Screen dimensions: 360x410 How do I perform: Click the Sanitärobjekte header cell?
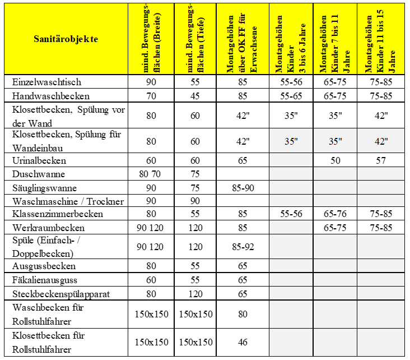click(66, 39)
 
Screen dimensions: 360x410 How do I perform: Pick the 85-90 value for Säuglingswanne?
click(243, 188)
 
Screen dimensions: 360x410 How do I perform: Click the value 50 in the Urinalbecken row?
click(335, 160)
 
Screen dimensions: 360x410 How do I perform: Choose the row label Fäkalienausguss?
click(44, 279)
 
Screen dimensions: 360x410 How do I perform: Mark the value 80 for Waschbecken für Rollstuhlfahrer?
click(243, 314)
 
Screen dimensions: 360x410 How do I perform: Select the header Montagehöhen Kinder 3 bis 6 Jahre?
click(290, 39)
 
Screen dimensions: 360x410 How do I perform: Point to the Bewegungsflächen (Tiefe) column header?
click(195, 39)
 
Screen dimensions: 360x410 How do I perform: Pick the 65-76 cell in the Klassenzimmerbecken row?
click(335, 214)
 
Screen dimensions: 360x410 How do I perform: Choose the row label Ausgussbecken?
click(44, 266)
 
